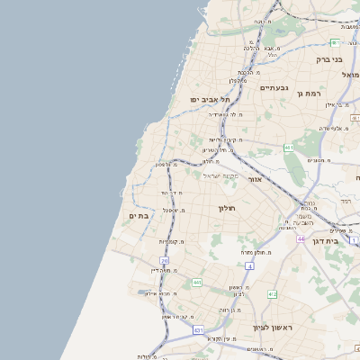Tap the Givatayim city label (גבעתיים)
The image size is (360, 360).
point(274,87)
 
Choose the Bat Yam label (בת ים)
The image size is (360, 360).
point(139,216)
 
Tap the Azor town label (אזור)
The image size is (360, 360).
point(254,179)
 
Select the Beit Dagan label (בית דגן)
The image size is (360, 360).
point(332,242)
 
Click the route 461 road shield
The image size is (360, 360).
point(288,148)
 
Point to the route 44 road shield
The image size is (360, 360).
point(301,239)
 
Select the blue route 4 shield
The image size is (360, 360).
point(247,266)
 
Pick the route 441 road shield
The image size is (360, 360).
point(196,283)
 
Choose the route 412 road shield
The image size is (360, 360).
point(273,294)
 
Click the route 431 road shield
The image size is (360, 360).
point(198,330)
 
